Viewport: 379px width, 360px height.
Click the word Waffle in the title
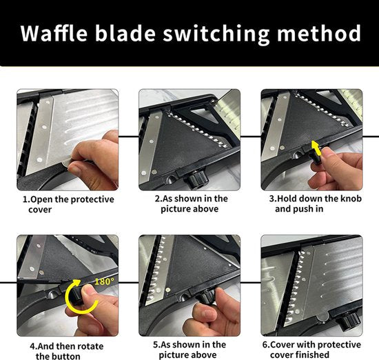[54, 33]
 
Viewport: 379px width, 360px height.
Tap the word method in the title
[319, 33]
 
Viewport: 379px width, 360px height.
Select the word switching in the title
[216, 34]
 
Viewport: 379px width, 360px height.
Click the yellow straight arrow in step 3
[316, 148]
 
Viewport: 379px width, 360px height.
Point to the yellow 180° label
[105, 281]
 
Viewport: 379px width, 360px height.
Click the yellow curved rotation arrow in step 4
[79, 297]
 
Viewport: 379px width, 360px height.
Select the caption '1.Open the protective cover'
[68, 204]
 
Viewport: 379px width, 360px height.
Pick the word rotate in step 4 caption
[90, 346]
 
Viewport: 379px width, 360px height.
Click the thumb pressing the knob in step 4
[88, 290]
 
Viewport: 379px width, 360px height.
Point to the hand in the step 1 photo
[93, 160]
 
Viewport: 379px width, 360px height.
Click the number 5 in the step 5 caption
[156, 345]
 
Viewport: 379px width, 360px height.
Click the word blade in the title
[125, 33]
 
